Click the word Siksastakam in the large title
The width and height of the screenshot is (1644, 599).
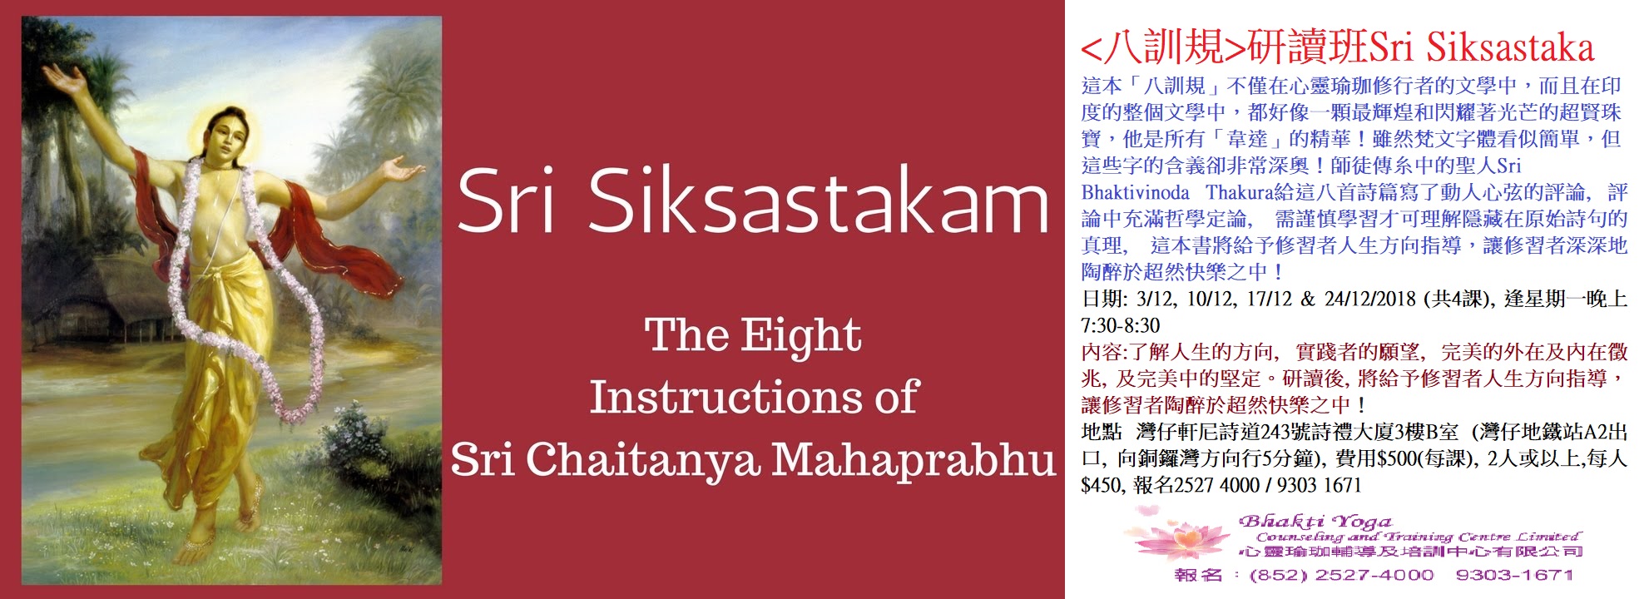(x=819, y=200)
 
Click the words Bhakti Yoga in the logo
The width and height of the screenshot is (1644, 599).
(x=1314, y=522)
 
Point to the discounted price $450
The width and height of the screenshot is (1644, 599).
(x=1101, y=485)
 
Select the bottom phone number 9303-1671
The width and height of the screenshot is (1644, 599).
(x=1514, y=575)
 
